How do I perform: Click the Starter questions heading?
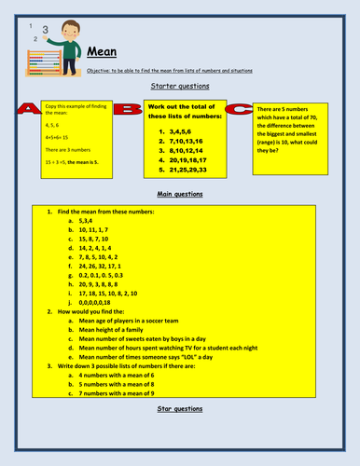tap(179, 85)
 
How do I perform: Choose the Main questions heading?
tap(179, 195)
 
